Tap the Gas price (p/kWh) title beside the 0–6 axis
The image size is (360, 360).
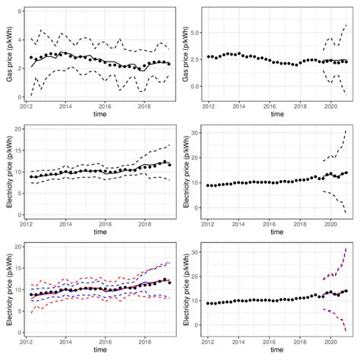8,53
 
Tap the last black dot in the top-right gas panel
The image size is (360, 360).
346,62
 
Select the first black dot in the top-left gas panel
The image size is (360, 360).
31,58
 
